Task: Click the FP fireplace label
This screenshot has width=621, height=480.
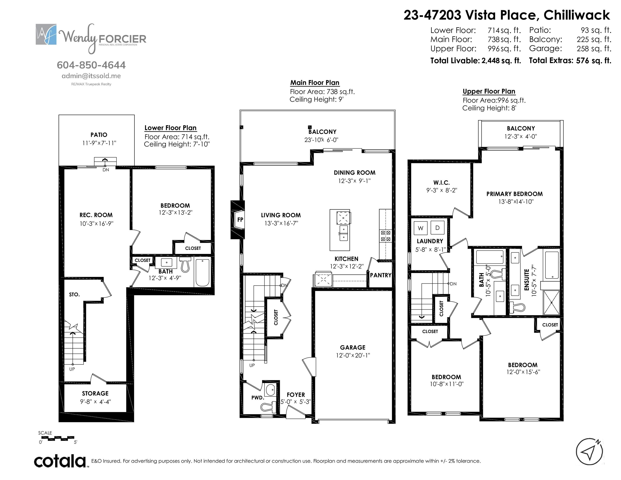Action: [240, 220]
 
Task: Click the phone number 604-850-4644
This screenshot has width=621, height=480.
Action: [91, 65]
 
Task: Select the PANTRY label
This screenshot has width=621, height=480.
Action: [380, 275]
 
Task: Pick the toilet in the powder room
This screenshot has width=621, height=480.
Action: [268, 407]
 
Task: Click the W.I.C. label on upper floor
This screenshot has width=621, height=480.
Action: [441, 182]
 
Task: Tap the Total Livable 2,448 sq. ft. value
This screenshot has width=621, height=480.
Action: [501, 61]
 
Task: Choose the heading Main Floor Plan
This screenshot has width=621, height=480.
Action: [315, 83]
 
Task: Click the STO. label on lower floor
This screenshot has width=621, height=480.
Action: [74, 295]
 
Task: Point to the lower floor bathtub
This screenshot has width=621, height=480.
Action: [202, 272]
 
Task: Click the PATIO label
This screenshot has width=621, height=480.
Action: [99, 135]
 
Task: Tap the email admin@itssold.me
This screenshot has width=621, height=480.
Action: [91, 76]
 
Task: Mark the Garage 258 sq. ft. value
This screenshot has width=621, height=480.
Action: [594, 49]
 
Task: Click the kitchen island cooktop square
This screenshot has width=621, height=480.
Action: [343, 218]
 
